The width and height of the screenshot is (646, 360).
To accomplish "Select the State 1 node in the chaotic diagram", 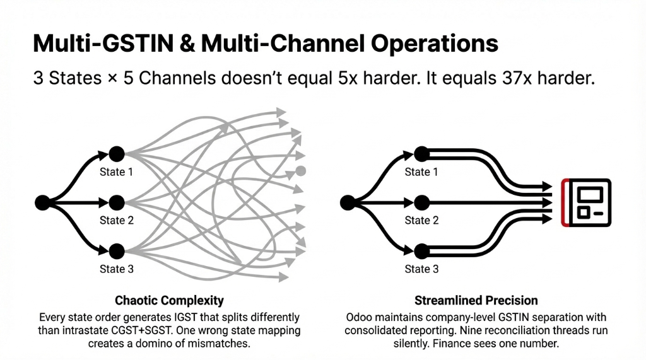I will click(116, 154).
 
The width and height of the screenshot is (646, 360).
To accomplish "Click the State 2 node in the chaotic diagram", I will click(116, 202).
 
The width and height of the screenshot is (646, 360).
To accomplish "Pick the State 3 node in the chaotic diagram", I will click(116, 252).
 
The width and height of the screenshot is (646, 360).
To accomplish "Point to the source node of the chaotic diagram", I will click(42, 202).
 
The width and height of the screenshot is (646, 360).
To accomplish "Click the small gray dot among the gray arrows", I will click(301, 170).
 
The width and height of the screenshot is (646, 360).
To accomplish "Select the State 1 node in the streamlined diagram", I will click(421, 154).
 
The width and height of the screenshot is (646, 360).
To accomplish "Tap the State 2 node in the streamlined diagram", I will click(421, 202).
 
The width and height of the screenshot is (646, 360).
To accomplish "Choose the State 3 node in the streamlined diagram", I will click(421, 252).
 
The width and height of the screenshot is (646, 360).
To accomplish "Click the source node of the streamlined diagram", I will click(347, 202).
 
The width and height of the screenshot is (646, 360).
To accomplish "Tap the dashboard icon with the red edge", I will click(586, 202).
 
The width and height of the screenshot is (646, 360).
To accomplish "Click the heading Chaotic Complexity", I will click(169, 301).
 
